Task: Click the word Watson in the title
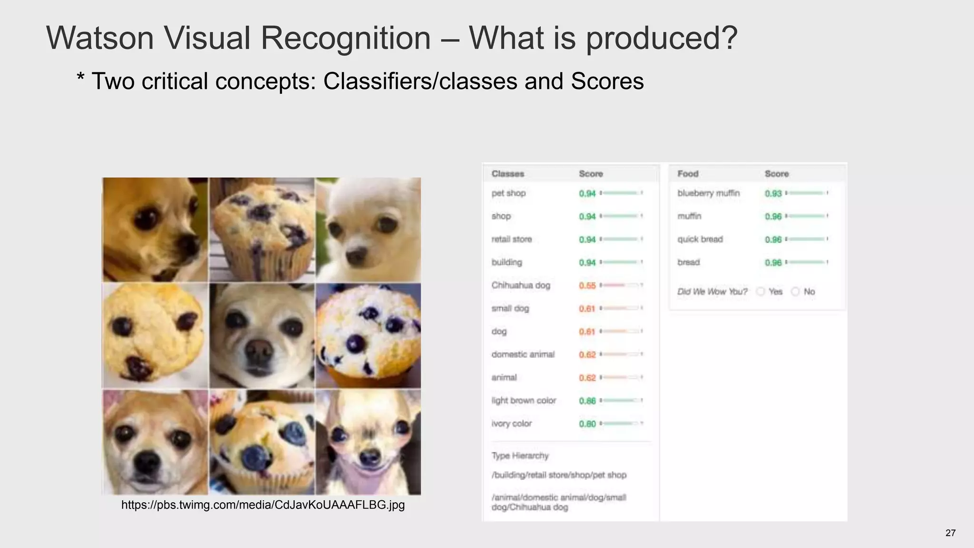point(100,38)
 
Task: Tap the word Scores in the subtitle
point(607,81)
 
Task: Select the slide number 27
point(950,533)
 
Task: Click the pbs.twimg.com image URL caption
point(263,505)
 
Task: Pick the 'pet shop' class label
point(508,193)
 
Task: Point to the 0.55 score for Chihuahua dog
point(587,285)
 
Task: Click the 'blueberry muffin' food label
point(708,193)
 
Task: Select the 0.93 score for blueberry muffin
point(773,194)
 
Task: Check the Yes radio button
point(760,292)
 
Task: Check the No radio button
point(795,292)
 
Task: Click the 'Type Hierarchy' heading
point(520,456)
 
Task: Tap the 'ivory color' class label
point(511,423)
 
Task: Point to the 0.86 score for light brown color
point(587,401)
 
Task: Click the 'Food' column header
point(688,174)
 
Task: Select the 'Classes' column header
point(507,174)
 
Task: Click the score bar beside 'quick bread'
point(807,239)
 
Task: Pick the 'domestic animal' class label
point(523,354)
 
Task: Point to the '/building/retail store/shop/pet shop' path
point(559,475)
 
